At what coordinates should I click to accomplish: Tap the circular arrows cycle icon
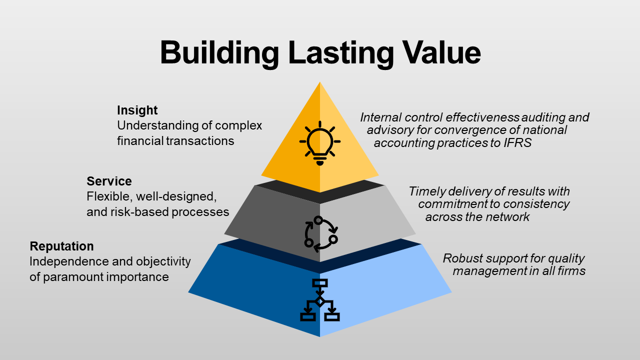[320, 233]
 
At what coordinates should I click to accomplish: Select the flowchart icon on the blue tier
[320, 300]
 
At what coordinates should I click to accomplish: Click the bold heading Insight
[137, 110]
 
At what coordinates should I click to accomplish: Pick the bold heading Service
[109, 181]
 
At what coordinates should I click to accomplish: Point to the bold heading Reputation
[61, 246]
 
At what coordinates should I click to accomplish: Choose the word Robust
[460, 258]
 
